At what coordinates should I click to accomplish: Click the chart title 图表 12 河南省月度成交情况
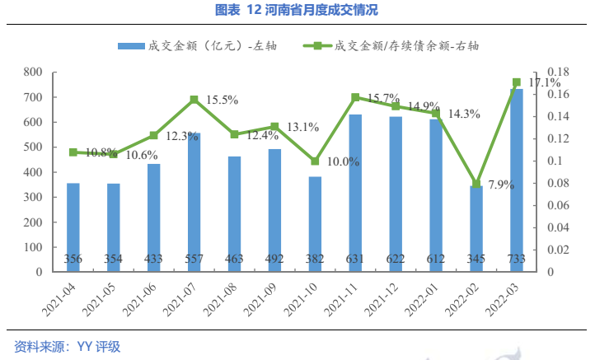click(297, 11)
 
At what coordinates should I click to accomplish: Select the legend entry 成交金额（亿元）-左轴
click(197, 46)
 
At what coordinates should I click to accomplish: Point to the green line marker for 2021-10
click(315, 161)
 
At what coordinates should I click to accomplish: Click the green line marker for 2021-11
click(355, 97)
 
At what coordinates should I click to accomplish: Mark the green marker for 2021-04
click(73, 152)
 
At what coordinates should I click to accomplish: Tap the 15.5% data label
click(223, 100)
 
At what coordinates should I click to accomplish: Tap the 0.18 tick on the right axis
click(559, 72)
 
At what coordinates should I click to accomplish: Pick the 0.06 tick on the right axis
click(559, 205)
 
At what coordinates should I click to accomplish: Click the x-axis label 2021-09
click(265, 301)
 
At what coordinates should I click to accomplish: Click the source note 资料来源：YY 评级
click(68, 347)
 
